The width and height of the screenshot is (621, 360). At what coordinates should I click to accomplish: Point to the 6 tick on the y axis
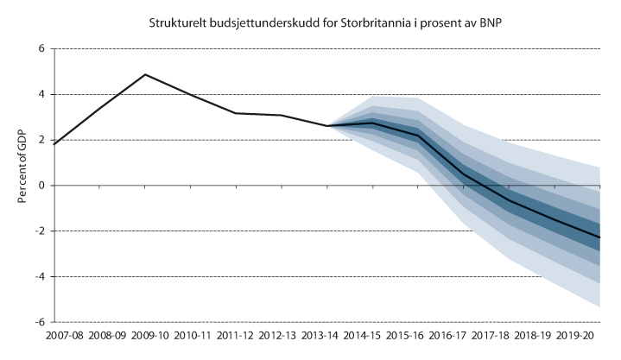point(41,49)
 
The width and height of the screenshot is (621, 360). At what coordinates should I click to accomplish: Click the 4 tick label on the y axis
point(41,95)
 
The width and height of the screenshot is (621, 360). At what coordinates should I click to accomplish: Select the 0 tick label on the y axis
point(41,186)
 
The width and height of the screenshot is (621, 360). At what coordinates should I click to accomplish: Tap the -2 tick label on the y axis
point(38,231)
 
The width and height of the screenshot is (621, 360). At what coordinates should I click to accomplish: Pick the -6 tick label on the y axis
point(38,322)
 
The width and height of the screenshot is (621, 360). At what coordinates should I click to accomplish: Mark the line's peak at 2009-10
point(145,74)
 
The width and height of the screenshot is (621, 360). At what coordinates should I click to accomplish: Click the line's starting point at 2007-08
point(54,144)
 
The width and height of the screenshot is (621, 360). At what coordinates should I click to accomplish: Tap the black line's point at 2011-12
point(235,113)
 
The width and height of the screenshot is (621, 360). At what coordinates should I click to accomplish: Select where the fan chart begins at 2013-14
point(326,126)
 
